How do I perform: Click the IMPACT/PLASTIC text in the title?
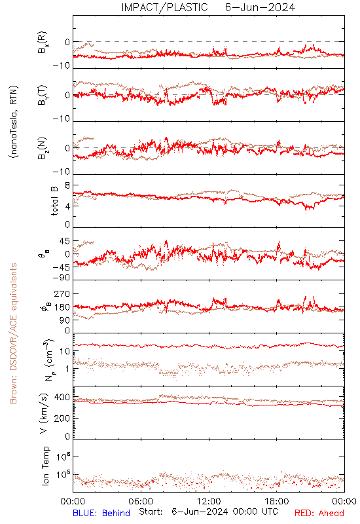click(164, 7)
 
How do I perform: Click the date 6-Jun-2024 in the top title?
click(260, 7)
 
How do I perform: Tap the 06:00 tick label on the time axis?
click(141, 501)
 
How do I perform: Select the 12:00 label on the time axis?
click(209, 501)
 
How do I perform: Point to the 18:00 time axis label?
click(277, 501)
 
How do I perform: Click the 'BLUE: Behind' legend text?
click(101, 513)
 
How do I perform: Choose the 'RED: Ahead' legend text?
click(319, 513)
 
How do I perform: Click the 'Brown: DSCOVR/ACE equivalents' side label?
click(13, 333)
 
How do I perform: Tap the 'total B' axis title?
click(54, 200)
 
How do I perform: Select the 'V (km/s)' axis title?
click(44, 413)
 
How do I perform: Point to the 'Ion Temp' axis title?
click(45, 466)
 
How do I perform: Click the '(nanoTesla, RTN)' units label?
click(14, 122)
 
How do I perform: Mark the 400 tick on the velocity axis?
click(62, 398)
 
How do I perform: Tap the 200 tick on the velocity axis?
click(62, 418)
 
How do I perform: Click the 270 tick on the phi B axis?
click(62, 294)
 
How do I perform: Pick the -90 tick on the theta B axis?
click(61, 278)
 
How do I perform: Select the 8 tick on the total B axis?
click(67, 185)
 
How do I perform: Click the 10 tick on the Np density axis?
click(65, 351)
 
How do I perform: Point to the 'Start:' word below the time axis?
click(151, 512)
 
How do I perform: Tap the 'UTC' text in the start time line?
click(270, 512)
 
